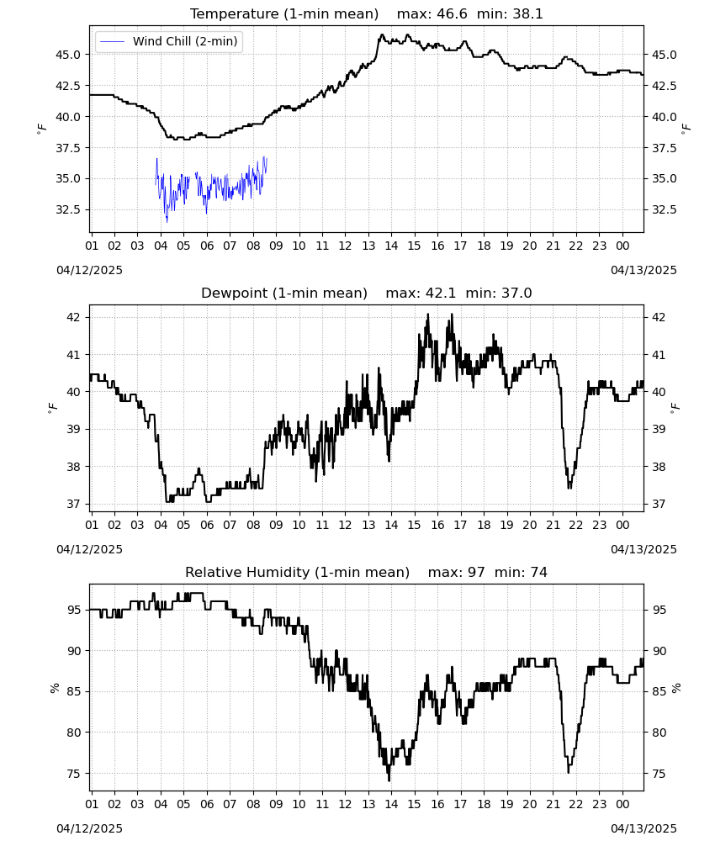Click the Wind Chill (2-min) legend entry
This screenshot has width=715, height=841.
(x=169, y=41)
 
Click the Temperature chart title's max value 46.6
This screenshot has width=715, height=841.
(x=453, y=14)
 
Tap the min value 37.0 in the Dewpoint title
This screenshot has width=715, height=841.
(x=516, y=294)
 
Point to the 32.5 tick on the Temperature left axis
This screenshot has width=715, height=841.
(x=68, y=209)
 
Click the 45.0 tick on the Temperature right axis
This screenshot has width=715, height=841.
(x=664, y=55)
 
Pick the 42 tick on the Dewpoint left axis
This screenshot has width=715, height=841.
(x=74, y=318)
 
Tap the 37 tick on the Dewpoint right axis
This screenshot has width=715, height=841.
(x=658, y=504)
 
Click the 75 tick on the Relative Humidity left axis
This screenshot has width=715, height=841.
(x=74, y=774)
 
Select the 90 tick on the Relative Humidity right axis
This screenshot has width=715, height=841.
(x=658, y=651)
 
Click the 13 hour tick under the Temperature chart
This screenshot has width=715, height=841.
(x=368, y=246)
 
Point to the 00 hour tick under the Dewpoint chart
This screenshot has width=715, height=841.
(x=622, y=525)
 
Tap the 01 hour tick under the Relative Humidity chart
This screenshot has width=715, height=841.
(x=92, y=805)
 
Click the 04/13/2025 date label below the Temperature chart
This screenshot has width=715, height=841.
(x=643, y=270)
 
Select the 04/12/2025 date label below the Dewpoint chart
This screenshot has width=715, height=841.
(x=89, y=549)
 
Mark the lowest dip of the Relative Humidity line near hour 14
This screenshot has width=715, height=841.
(x=389, y=780)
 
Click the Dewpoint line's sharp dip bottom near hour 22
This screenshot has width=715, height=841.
(x=569, y=488)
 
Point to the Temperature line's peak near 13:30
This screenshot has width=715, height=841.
(x=382, y=34)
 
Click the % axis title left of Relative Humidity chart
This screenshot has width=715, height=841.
(x=54, y=688)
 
